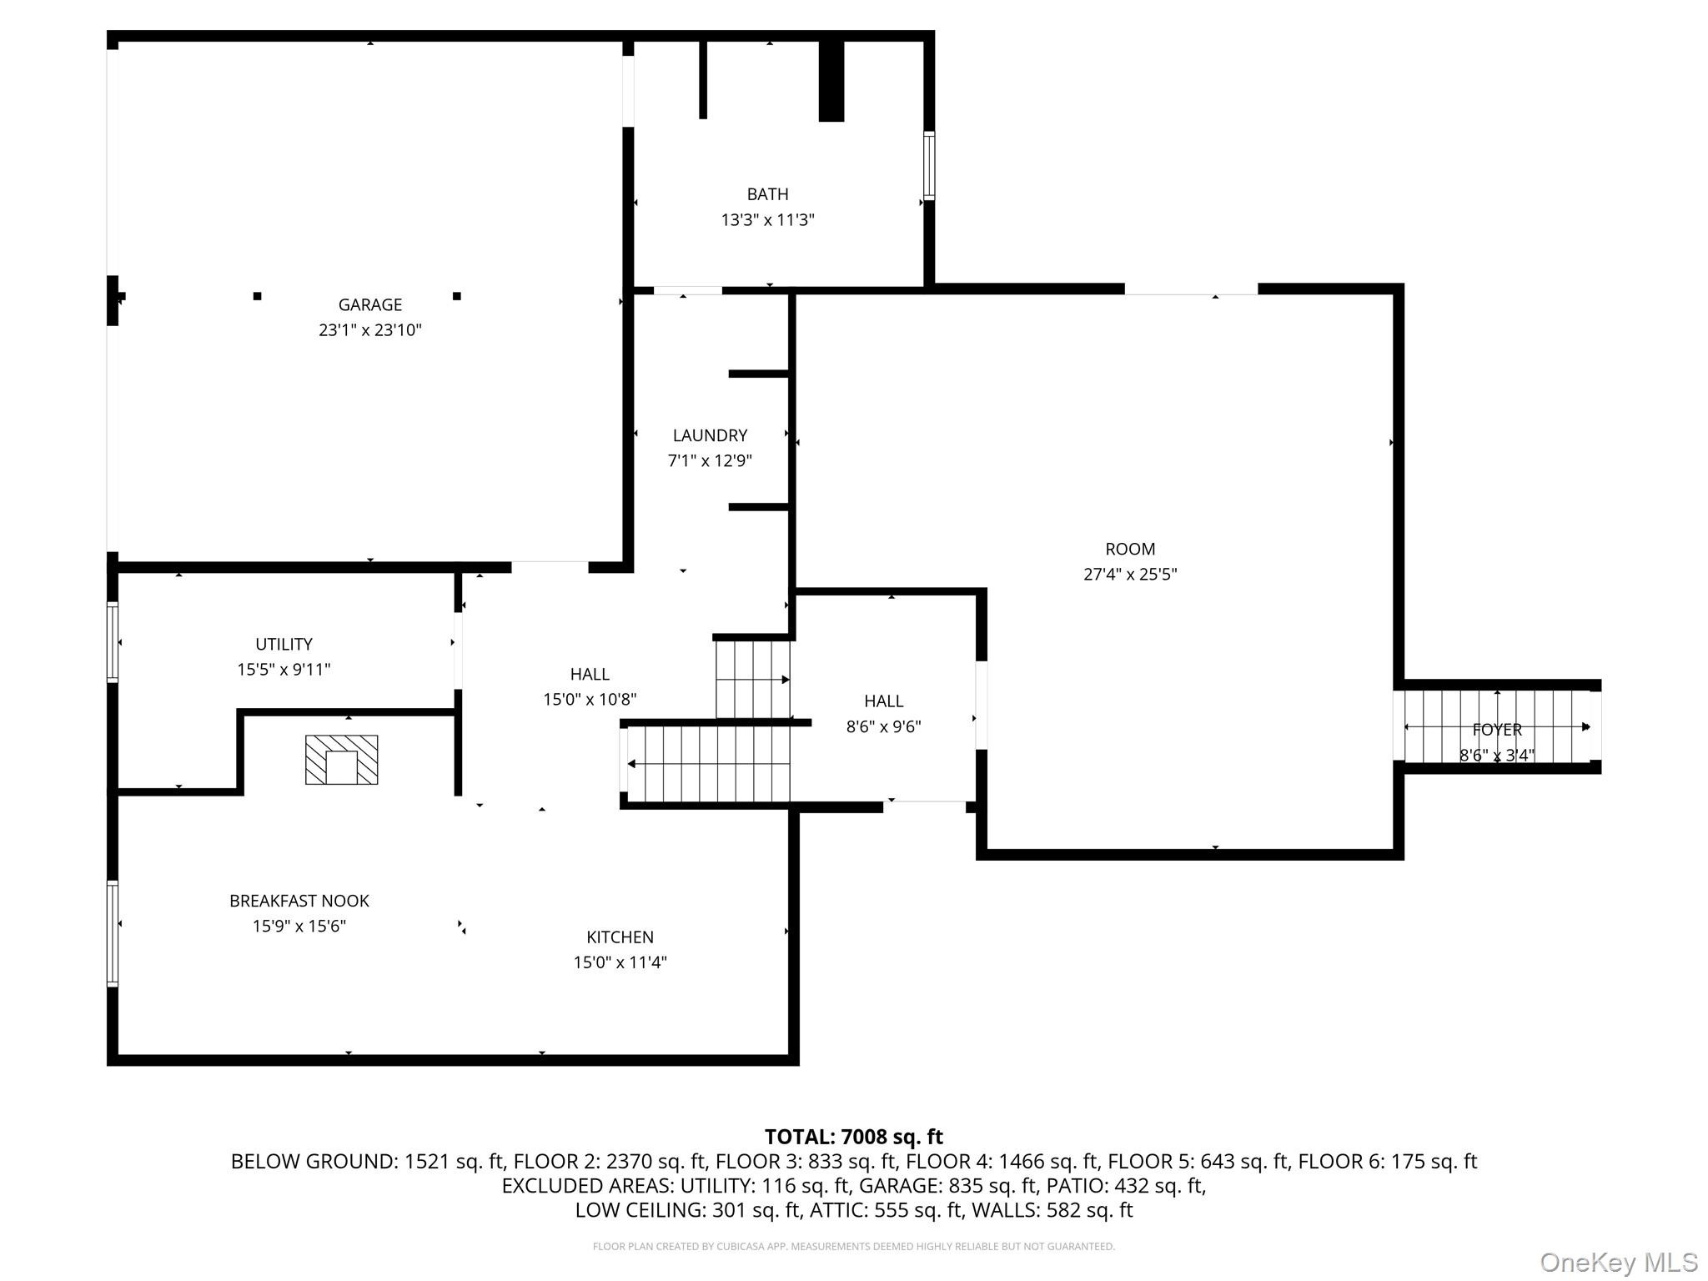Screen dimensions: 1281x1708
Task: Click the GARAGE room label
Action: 369,305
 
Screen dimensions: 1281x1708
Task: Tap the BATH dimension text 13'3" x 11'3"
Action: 767,220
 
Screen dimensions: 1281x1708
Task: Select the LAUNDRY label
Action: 710,435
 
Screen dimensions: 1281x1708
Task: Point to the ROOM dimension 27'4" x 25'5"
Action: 1130,575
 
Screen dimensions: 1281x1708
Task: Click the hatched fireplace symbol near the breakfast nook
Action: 341,760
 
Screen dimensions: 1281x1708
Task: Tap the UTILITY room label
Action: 284,645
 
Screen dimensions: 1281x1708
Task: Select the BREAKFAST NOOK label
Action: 299,901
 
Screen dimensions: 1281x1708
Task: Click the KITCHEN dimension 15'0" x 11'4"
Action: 620,962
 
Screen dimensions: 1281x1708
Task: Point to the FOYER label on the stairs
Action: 1497,730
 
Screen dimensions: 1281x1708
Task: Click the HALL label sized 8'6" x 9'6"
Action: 883,701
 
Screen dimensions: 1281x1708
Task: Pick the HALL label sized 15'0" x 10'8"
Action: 590,674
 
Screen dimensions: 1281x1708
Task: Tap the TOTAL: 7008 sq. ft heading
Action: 853,1137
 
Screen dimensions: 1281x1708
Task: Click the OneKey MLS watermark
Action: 1618,1263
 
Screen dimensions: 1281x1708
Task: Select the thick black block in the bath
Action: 831,81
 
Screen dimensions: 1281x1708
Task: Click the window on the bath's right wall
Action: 928,165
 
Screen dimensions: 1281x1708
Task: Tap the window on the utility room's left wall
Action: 113,642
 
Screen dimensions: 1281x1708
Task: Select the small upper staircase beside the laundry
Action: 752,679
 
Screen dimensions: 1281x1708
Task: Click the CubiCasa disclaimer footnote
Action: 853,1247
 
